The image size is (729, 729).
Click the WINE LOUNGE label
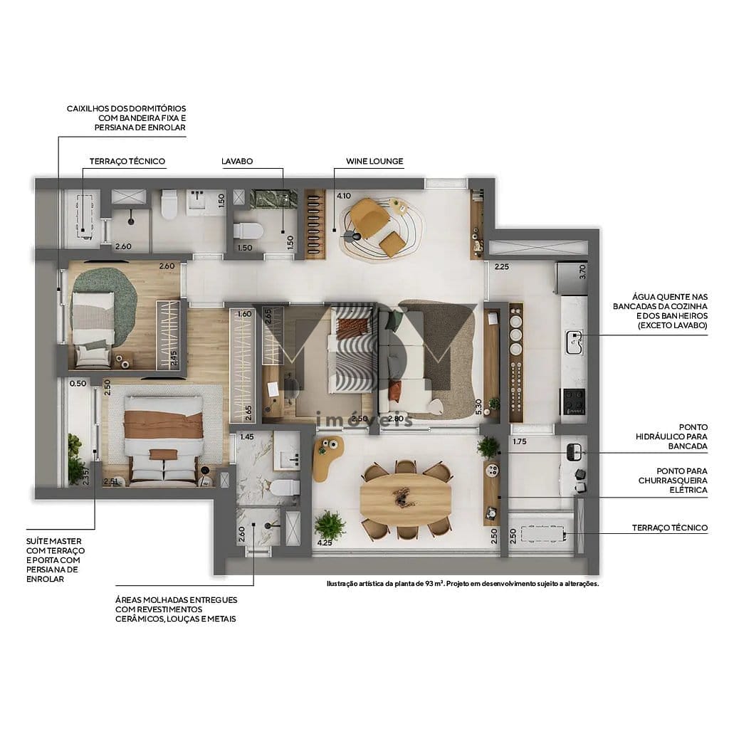pyautogui.click(x=374, y=162)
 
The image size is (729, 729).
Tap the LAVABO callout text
pyautogui.click(x=237, y=162)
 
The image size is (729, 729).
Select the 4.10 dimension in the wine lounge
pyautogui.click(x=344, y=196)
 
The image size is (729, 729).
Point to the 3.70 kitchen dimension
pyautogui.click(x=582, y=271)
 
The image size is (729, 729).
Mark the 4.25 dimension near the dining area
pyautogui.click(x=324, y=542)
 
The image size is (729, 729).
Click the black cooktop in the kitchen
pyautogui.click(x=575, y=401)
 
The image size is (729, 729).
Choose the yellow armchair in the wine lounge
pyautogui.click(x=369, y=214)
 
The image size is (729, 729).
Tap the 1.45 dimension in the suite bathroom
pyautogui.click(x=247, y=436)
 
